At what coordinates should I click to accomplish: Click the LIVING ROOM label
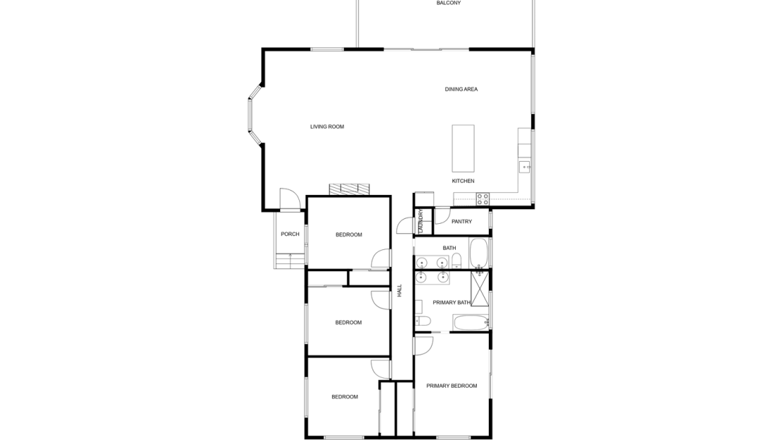pyautogui.click(x=327, y=127)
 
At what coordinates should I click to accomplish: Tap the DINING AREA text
pyautogui.click(x=461, y=90)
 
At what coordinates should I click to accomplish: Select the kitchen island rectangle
pyautogui.click(x=463, y=148)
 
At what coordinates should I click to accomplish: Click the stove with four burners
pyautogui.click(x=482, y=199)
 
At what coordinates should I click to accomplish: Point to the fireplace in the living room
pyautogui.click(x=350, y=189)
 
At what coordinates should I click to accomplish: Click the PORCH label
pyautogui.click(x=290, y=234)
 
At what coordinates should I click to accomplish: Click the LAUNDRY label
pyautogui.click(x=421, y=220)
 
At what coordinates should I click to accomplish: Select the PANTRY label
pyautogui.click(x=461, y=222)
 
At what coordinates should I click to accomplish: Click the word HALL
pyautogui.click(x=399, y=290)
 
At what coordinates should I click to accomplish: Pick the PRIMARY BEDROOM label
pyautogui.click(x=451, y=386)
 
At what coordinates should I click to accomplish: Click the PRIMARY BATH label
pyautogui.click(x=451, y=302)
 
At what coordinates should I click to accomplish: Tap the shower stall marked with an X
pyautogui.click(x=480, y=287)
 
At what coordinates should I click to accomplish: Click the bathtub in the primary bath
pyautogui.click(x=471, y=323)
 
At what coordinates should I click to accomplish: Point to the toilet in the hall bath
pyautogui.click(x=456, y=261)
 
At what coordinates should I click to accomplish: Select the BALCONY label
pyautogui.click(x=449, y=3)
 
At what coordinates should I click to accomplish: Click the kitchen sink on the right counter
pyautogui.click(x=524, y=167)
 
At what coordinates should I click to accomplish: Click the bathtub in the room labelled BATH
pyautogui.click(x=478, y=252)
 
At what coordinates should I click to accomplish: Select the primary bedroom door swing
pyautogui.click(x=423, y=345)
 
